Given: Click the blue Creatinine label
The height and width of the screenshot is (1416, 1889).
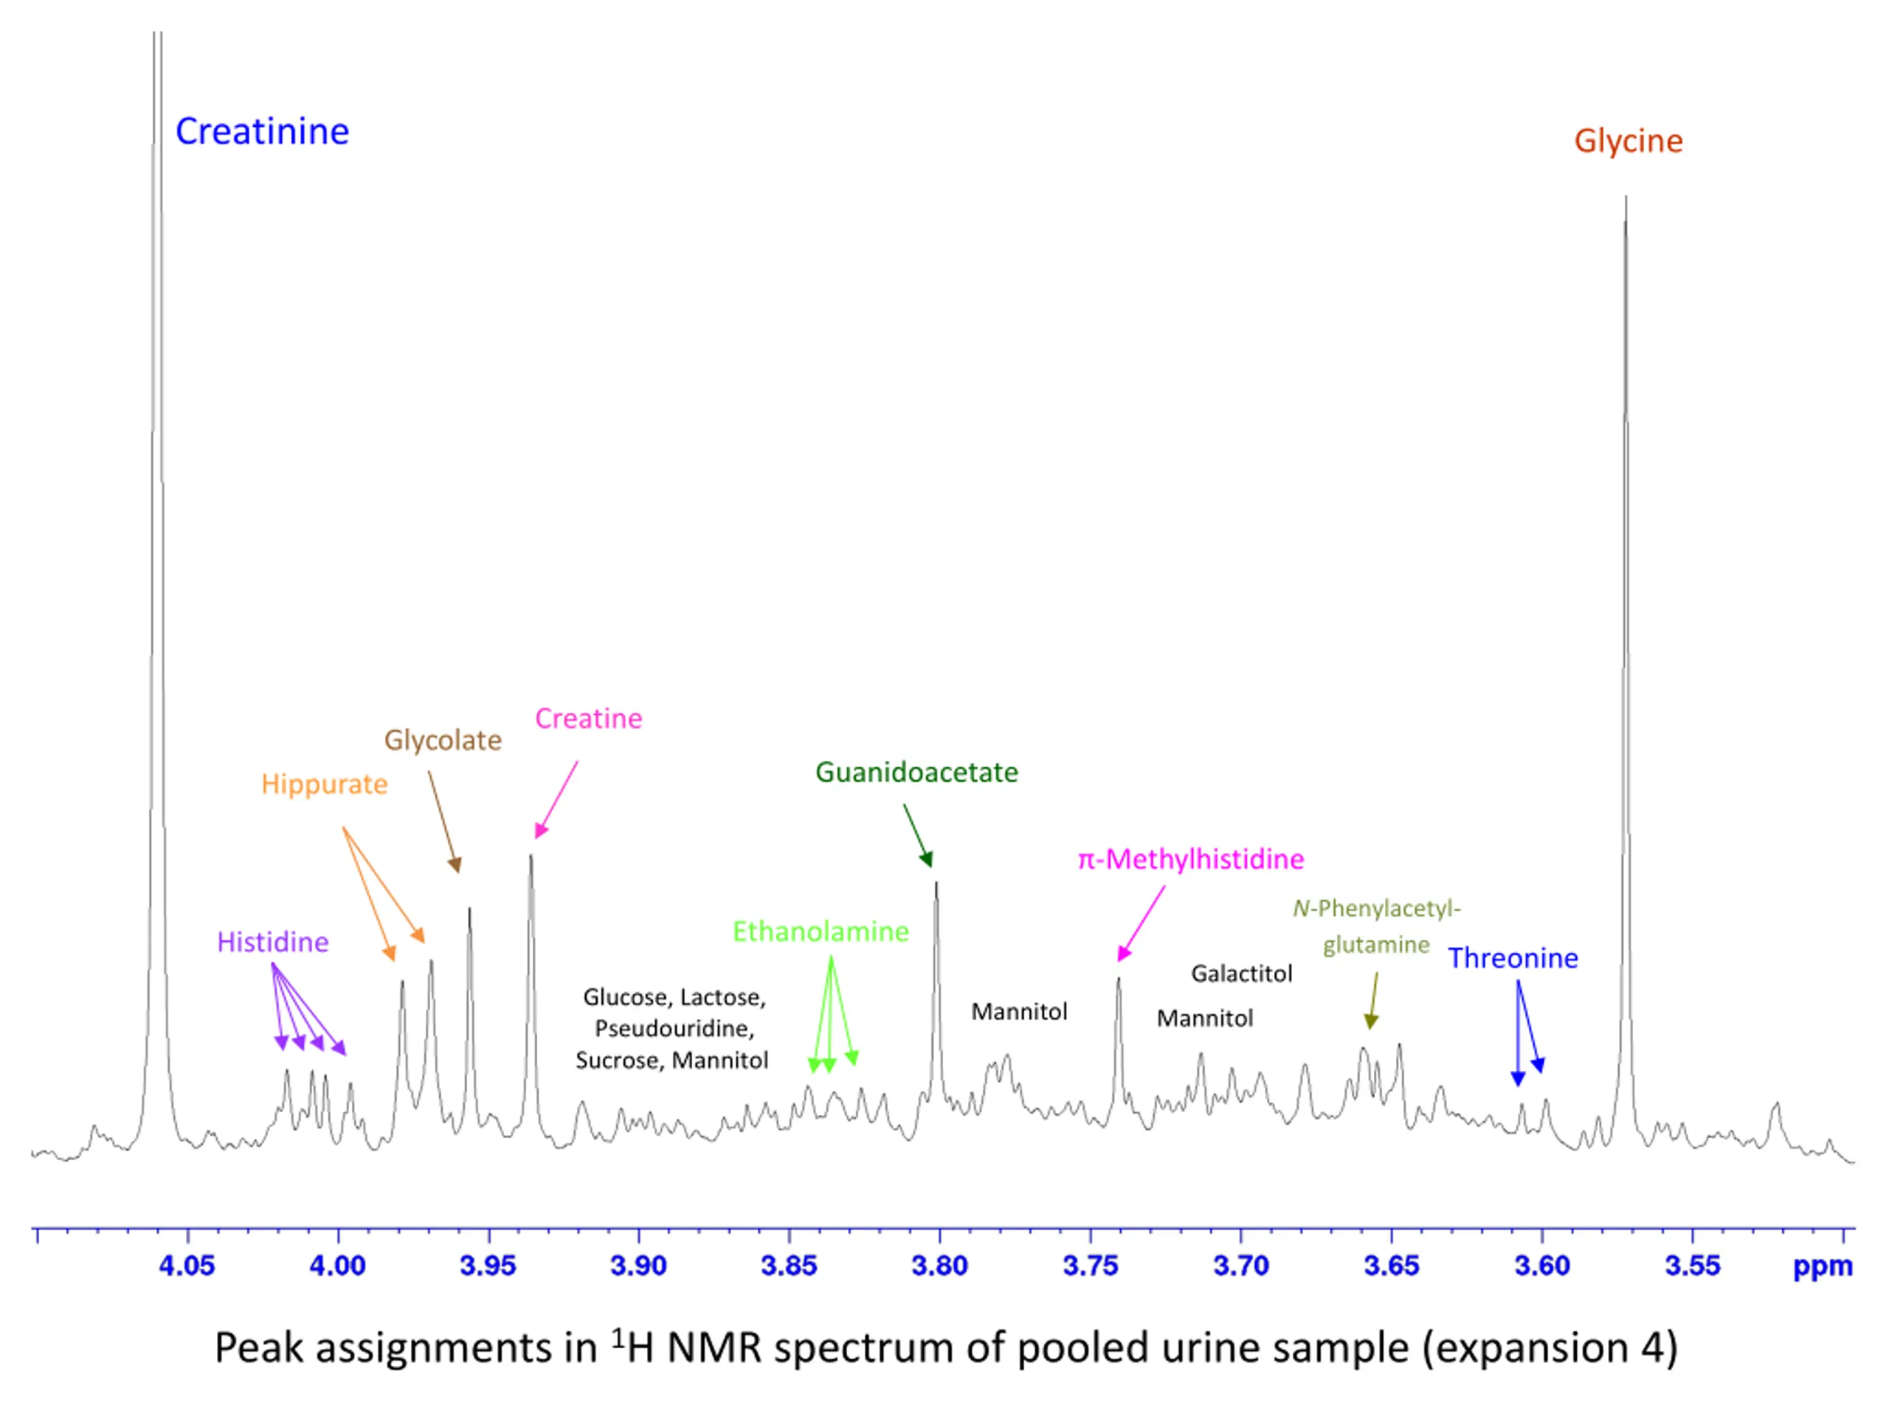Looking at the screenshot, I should [262, 131].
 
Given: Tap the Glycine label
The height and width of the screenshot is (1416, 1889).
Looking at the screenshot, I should [1628, 141].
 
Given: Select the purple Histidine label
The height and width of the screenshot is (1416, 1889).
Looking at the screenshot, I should [272, 943].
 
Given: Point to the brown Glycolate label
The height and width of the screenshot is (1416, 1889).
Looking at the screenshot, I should [442, 740].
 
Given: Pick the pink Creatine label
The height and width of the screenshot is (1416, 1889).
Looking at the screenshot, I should [588, 718].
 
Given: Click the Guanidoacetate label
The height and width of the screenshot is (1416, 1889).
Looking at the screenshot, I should [916, 772].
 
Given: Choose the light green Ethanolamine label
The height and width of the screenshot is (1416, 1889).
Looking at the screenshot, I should [821, 931].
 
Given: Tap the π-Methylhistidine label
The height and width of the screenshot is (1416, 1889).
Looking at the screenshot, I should [1190, 858].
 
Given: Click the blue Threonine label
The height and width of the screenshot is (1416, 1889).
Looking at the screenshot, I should [1513, 958].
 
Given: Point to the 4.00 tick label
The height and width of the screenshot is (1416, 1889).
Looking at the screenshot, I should [337, 1266].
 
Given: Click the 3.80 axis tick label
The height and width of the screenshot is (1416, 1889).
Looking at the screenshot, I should [939, 1266].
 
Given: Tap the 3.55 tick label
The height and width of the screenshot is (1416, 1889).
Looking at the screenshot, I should [1693, 1266].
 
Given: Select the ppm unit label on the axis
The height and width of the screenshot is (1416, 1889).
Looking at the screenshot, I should [1823, 1266].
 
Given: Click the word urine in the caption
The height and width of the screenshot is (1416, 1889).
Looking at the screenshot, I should [1203, 1349].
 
